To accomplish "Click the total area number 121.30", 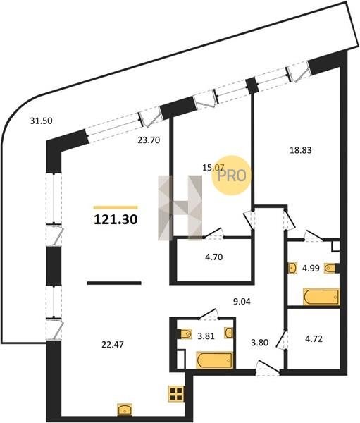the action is (116, 219).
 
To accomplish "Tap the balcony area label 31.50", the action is (41, 121).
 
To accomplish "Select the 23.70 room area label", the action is (149, 140).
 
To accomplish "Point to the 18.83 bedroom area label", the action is (301, 150).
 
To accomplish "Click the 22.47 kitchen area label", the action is (113, 345).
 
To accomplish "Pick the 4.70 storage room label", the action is (214, 257).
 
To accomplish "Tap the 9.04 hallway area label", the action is (242, 301).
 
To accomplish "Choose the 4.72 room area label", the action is (314, 338).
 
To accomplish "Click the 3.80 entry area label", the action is (259, 343).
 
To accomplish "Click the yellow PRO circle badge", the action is (231, 176).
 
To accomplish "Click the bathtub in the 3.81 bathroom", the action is (215, 360).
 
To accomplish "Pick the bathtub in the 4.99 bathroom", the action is (321, 297).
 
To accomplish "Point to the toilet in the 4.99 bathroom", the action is (330, 269).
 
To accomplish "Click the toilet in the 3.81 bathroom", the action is (185, 334).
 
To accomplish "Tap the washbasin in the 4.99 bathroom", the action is (292, 268).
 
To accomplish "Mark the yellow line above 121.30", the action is (116, 207).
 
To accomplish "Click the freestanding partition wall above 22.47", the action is (114, 283).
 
